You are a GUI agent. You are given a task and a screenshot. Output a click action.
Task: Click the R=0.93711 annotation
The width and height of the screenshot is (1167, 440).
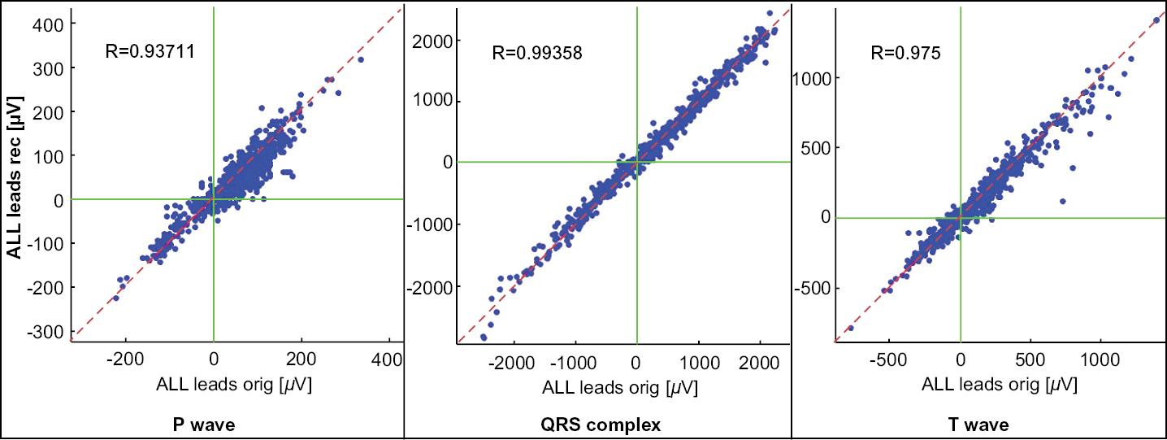click(149, 52)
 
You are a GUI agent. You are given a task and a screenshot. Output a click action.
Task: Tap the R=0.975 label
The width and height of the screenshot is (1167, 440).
click(905, 54)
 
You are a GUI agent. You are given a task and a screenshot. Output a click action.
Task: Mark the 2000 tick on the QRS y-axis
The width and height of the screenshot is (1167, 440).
click(432, 41)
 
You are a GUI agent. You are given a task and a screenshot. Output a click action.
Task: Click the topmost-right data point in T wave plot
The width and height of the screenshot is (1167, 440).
click(1156, 20)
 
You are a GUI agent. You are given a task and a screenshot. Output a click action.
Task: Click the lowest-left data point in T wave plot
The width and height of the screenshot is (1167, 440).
click(851, 328)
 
